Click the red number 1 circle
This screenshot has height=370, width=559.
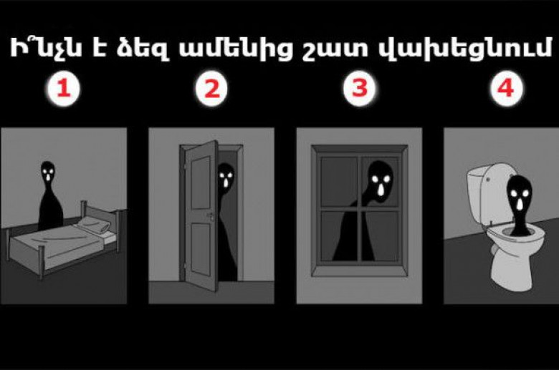click(x=64, y=89)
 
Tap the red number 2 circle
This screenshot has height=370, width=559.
click(x=211, y=89)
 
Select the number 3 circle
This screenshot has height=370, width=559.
click(x=359, y=89)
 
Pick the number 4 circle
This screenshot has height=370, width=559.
click(x=507, y=89)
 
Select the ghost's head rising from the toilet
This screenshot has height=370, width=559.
click(x=520, y=195)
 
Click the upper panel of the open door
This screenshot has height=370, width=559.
click(x=201, y=182)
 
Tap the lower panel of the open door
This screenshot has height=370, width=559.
click(x=201, y=249)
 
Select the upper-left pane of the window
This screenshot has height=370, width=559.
click(x=339, y=181)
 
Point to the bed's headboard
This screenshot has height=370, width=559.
click(x=103, y=214)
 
